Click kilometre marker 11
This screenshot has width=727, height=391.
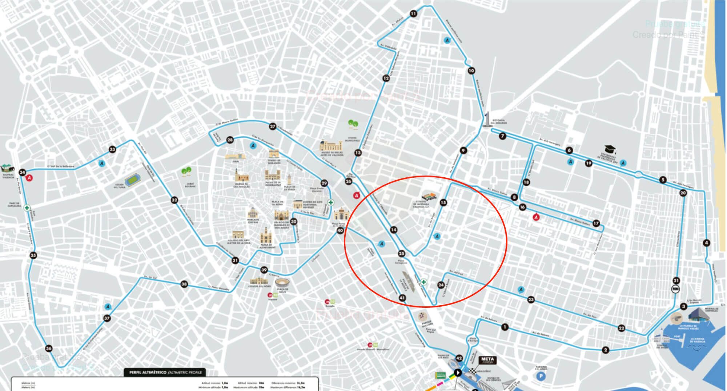click(x=413, y=14)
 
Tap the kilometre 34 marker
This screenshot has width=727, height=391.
click(x=23, y=172)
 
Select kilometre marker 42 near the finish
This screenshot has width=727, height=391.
click(x=459, y=358)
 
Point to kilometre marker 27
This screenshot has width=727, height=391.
click(x=273, y=126)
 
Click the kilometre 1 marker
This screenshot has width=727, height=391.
click(x=505, y=327)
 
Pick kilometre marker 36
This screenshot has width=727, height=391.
click(x=49, y=348)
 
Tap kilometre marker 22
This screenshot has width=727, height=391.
click(x=622, y=328)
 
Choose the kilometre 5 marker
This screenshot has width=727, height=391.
click(x=663, y=180)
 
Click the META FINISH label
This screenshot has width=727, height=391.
click(x=487, y=360)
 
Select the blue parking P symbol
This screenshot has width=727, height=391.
click(x=541, y=376)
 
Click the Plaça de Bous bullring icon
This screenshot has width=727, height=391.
click(x=282, y=283)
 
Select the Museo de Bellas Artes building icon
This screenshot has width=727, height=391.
click(x=331, y=146)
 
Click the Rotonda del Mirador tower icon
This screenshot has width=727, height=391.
click(x=487, y=120)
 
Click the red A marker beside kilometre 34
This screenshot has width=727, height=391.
click(x=29, y=178)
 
